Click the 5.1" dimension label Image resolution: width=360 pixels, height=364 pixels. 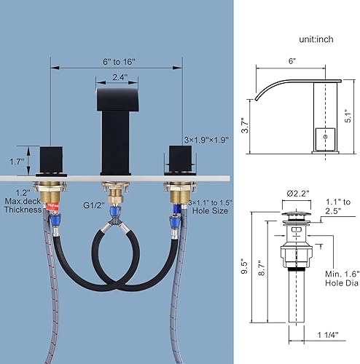pyautogui.click(x=351, y=112)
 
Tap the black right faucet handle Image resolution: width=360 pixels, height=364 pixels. pyautogui.click(x=178, y=157)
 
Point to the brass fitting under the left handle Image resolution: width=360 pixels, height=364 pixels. pyautogui.click(x=50, y=194)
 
